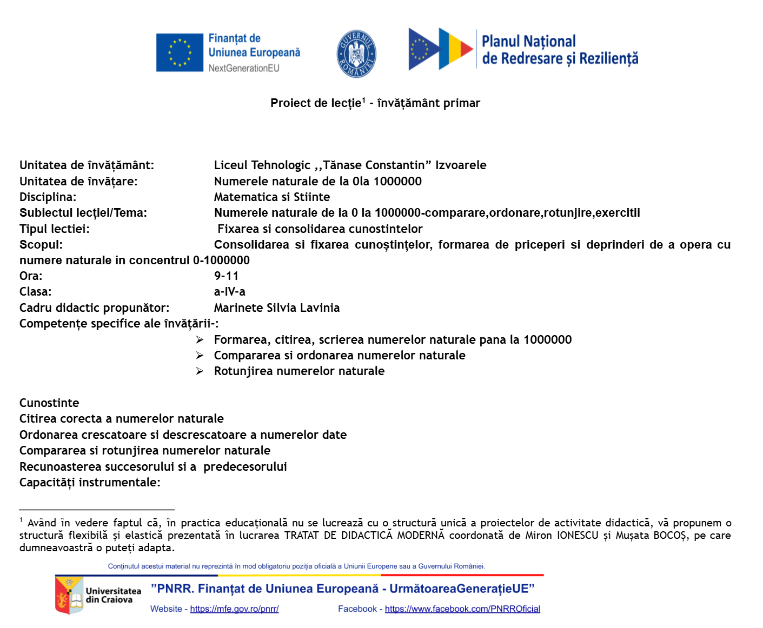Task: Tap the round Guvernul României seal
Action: click(356, 54)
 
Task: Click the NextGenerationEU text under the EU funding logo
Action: click(244, 68)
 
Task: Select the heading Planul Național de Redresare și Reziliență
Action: click(559, 50)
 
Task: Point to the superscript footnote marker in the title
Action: click(364, 100)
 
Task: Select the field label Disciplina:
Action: click(48, 197)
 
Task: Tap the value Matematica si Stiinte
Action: click(271, 197)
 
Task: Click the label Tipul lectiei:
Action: click(54, 229)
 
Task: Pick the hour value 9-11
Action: click(226, 276)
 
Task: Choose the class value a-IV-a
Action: click(229, 291)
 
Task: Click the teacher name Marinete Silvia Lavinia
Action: click(276, 308)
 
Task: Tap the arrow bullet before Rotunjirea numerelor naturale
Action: click(200, 371)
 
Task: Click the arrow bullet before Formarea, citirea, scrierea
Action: click(200, 339)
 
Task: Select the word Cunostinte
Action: click(49, 403)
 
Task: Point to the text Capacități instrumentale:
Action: click(90, 482)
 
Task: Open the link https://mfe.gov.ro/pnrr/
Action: click(234, 609)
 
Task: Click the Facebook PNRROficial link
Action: click(462, 609)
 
